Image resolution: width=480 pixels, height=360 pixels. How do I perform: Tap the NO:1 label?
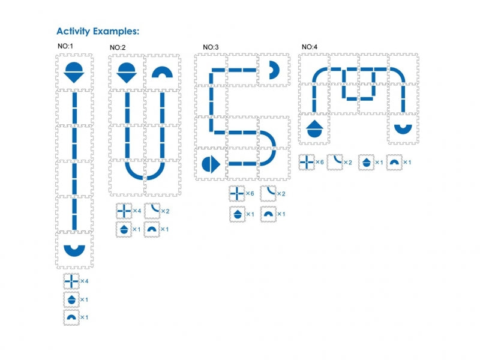pos(65,46)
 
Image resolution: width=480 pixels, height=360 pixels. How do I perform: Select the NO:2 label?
pos(118,47)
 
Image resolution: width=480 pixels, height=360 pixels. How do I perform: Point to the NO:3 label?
pos(211,47)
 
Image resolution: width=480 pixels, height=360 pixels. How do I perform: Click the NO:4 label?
pos(310,46)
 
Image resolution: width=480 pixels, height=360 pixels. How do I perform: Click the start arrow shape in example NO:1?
pos(75,71)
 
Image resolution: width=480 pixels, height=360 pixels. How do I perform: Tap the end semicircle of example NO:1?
pos(74,249)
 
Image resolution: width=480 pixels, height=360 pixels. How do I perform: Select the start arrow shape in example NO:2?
pos(127,71)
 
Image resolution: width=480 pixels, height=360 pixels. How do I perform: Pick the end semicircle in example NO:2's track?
pos(161,73)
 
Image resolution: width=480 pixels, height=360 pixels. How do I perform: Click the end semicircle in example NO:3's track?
pos(274,70)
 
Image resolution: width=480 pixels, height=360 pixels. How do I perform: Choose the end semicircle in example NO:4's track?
pos(403,128)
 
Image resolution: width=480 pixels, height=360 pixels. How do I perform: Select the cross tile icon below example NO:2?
pos(124,212)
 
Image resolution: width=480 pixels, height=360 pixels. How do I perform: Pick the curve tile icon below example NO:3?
pos(268,194)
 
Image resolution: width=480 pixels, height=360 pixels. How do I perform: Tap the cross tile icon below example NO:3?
pos(236,194)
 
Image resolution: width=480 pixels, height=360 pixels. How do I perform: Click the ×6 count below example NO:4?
pos(320,163)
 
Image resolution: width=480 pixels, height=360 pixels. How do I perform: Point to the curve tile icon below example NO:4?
pos(335,163)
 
